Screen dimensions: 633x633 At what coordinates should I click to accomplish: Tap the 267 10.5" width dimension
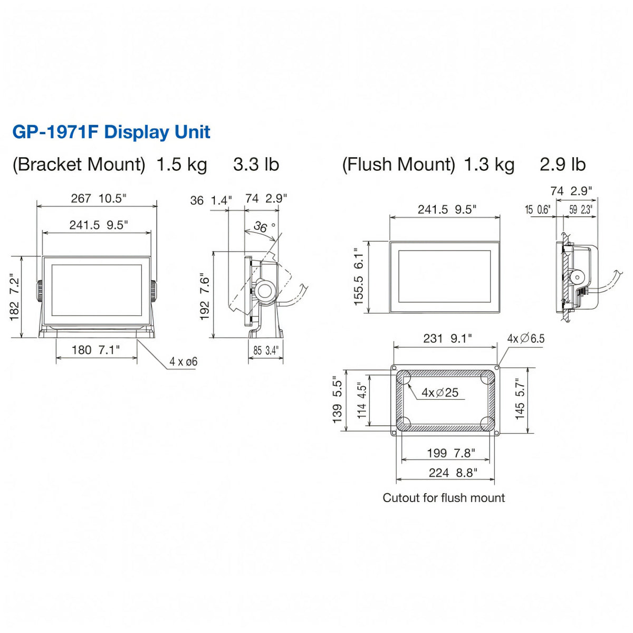[x=99, y=199]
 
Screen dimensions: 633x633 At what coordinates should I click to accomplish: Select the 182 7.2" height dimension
[x=14, y=297]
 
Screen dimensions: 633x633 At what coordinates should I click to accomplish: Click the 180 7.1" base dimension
[x=95, y=350]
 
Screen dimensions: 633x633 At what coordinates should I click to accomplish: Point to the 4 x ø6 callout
[x=183, y=362]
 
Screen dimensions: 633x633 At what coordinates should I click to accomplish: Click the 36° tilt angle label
[x=264, y=227]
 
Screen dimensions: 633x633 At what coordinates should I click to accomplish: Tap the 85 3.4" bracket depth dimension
[x=266, y=350]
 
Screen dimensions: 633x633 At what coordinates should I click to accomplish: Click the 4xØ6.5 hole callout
[x=525, y=338]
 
